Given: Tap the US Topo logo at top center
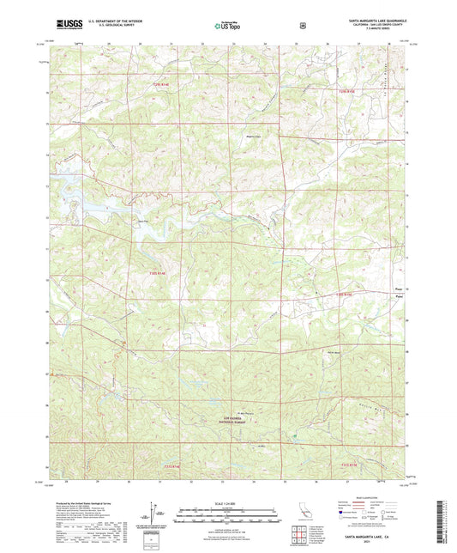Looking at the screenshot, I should click(228, 26).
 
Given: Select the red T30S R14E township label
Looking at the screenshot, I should click(147, 272).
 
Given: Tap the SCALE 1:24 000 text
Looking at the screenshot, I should click(227, 496).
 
